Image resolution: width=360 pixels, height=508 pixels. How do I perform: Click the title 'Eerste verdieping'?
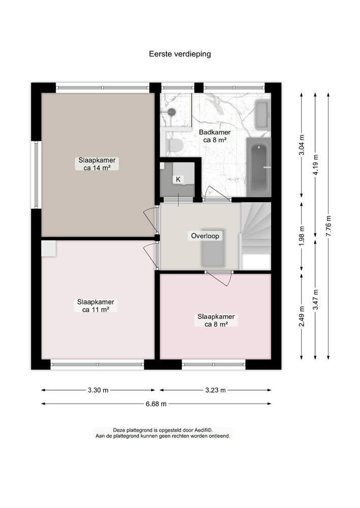pyautogui.click(x=179, y=53)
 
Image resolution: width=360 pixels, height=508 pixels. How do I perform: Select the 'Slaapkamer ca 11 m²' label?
pyautogui.click(x=96, y=305)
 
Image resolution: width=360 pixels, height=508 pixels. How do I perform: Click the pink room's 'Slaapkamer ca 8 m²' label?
pyautogui.click(x=216, y=320)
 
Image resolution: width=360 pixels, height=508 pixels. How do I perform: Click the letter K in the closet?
pyautogui.click(x=178, y=179)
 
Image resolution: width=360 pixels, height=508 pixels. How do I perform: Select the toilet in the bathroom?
pyautogui.click(x=175, y=146)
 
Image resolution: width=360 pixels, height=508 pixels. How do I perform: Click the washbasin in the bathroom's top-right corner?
pyautogui.click(x=262, y=115)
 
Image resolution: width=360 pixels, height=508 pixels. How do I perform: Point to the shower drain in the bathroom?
pyautogui.click(x=172, y=112)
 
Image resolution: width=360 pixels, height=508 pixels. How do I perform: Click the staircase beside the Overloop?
pyautogui.click(x=256, y=231)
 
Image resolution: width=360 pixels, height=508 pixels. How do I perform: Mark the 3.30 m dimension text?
pyautogui.click(x=98, y=390)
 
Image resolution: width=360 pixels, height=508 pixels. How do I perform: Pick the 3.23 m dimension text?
pyautogui.click(x=216, y=390)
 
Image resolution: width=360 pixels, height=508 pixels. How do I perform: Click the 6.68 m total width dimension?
pyautogui.click(x=156, y=404)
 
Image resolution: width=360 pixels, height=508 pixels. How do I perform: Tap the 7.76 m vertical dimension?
pyautogui.click(x=328, y=226)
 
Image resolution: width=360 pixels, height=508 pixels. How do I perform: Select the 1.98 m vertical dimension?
pyautogui.click(x=302, y=236)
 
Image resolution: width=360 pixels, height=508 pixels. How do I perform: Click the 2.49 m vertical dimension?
pyautogui.click(x=302, y=315)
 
